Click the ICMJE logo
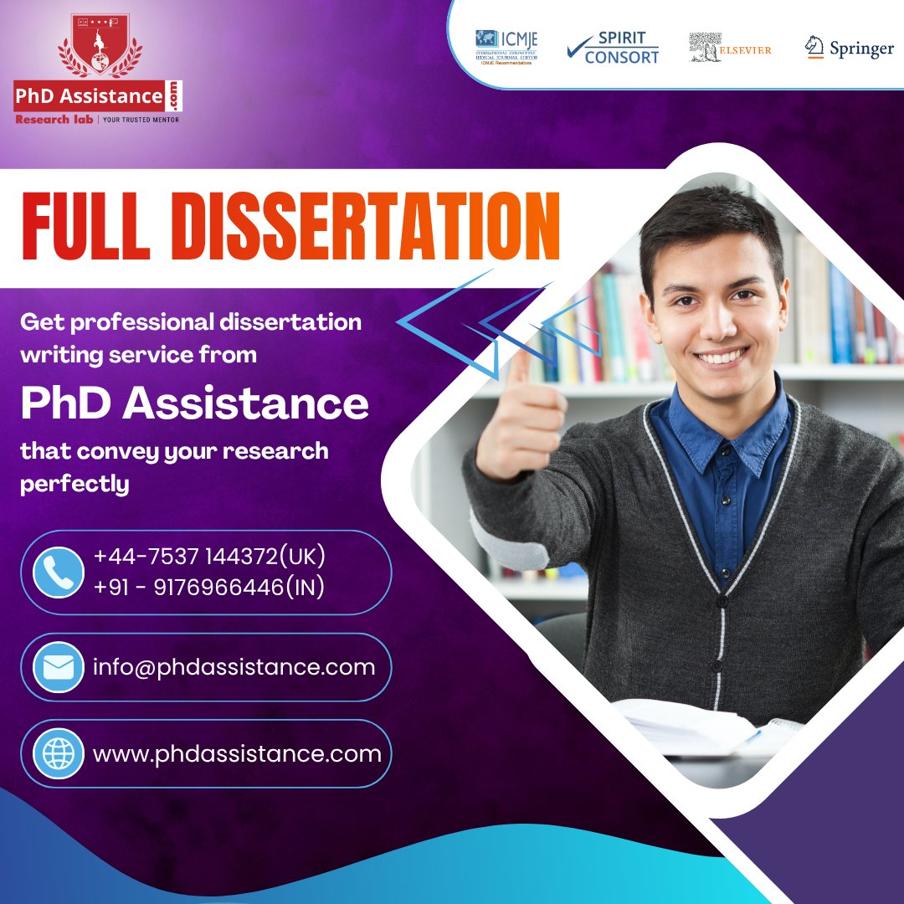(506, 46)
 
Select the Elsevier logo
(730, 48)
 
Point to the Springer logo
(849, 49)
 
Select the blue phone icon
(59, 573)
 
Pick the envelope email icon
(59, 667)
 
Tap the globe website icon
(59, 753)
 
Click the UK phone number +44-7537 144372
(209, 557)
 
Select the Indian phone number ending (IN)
(209, 588)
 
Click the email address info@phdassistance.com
(234, 667)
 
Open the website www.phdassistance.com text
(237, 753)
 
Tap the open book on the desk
(695, 724)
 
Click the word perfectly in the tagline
(74, 484)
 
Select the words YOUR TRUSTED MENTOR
(141, 120)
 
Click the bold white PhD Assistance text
(194, 403)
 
